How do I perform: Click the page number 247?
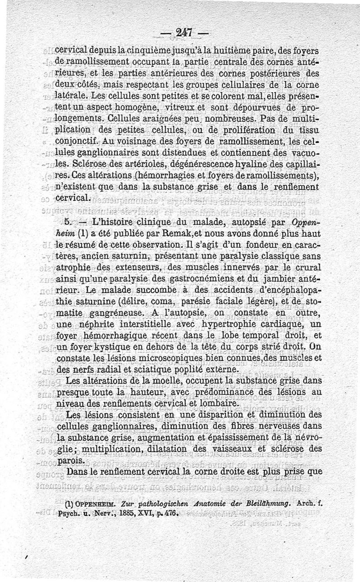pos(184,32)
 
